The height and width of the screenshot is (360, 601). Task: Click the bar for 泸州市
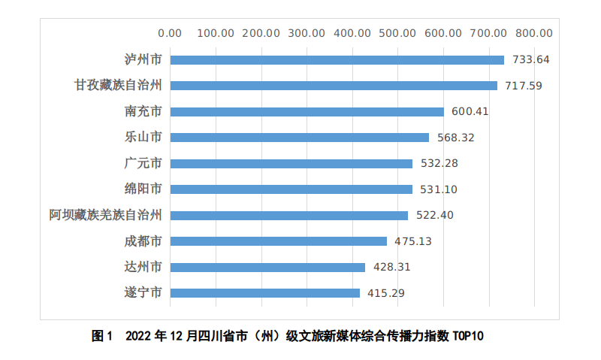pyautogui.click(x=337, y=60)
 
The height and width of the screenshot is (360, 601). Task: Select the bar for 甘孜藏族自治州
pyautogui.click(x=334, y=86)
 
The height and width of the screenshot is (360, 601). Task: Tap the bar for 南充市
pyautogui.click(x=307, y=111)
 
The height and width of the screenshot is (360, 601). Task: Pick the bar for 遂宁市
pyautogui.click(x=265, y=292)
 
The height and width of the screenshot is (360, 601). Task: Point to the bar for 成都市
pyautogui.click(x=279, y=241)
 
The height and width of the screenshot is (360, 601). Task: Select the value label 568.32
pyautogui.click(x=456, y=138)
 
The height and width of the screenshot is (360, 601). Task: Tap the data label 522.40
pyautogui.click(x=435, y=215)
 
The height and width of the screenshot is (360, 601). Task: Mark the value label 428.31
pyautogui.click(x=392, y=267)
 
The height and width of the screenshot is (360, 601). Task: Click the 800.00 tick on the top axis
pyautogui.click(x=534, y=33)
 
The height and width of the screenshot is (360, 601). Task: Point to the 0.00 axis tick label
pyautogui.click(x=171, y=33)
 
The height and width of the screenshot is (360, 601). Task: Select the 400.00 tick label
pyautogui.click(x=352, y=33)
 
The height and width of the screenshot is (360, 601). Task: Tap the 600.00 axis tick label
pyautogui.click(x=443, y=33)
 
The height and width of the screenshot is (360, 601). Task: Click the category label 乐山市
pyautogui.click(x=143, y=138)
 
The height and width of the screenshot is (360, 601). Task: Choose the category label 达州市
pyautogui.click(x=143, y=267)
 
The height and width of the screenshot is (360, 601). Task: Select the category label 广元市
pyautogui.click(x=143, y=163)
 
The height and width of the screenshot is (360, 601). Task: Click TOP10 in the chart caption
pyautogui.click(x=469, y=336)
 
